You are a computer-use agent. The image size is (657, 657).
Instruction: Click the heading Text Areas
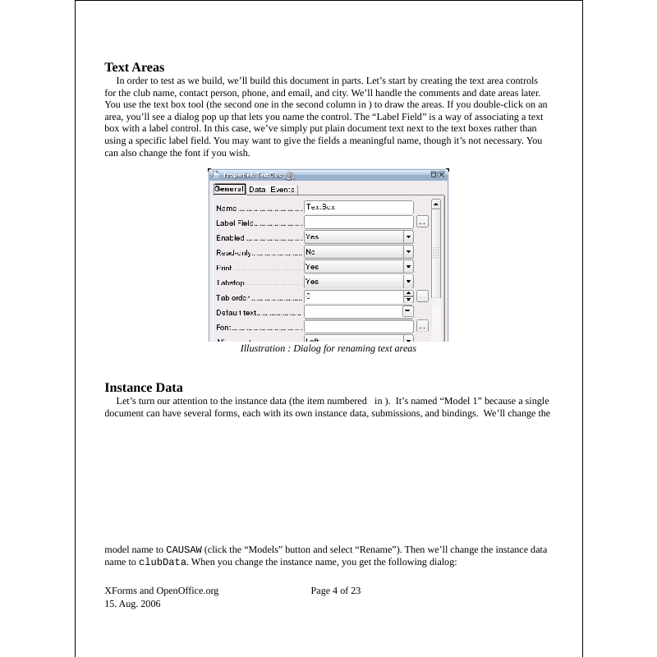[x=135, y=67]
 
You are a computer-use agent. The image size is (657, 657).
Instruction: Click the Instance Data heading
[x=144, y=388]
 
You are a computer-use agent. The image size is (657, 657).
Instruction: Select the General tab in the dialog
[x=229, y=189]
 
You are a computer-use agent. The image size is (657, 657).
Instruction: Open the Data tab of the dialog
[x=257, y=190]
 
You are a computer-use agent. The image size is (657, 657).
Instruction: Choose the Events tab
[x=283, y=190]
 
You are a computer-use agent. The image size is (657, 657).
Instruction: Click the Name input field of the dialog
[x=358, y=208]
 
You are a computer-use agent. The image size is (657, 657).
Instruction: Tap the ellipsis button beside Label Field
[x=422, y=222]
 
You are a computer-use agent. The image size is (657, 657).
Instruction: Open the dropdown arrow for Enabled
[x=408, y=237]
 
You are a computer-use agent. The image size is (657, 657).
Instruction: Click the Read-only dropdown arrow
[x=408, y=252]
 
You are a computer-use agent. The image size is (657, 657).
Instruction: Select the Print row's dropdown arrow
[x=408, y=267]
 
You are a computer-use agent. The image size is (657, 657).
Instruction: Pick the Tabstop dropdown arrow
[x=408, y=282]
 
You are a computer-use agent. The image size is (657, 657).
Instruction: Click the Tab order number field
[x=353, y=296]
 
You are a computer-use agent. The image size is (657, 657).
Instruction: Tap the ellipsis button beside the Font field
[x=422, y=326]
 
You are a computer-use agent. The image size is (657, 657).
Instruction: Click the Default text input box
[x=353, y=311]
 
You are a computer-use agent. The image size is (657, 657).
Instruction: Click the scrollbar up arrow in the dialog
[x=436, y=204]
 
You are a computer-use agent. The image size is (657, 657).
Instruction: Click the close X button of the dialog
[x=442, y=175]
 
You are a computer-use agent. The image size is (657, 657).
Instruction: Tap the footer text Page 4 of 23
[x=336, y=590]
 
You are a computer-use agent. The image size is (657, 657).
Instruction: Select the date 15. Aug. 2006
[x=133, y=604]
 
